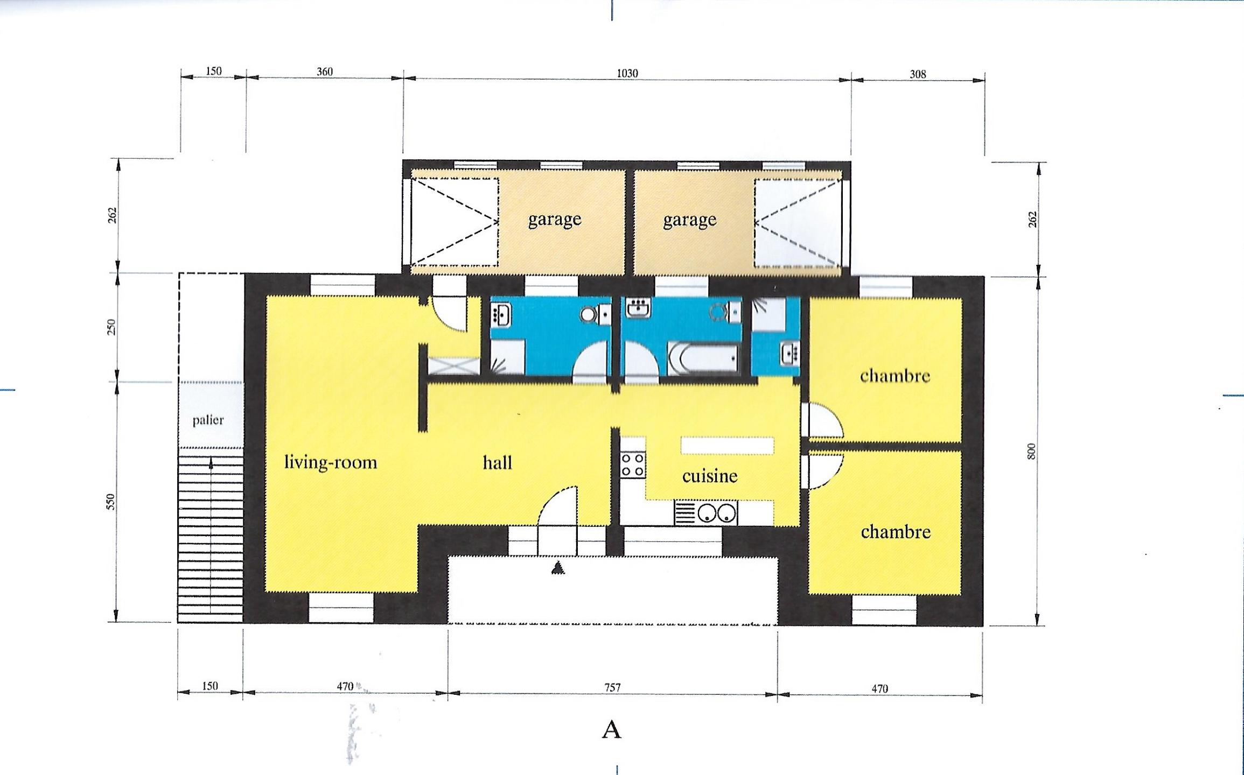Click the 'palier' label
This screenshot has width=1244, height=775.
[208, 420]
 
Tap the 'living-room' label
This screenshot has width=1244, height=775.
[330, 462]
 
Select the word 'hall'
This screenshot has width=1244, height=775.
[497, 462]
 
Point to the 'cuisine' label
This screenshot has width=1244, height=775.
[710, 476]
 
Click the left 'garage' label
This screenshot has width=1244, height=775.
[555, 220]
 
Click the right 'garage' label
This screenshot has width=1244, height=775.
[690, 220]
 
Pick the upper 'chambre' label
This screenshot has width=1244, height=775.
[895, 375]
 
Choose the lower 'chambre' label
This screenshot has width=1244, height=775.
[896, 532]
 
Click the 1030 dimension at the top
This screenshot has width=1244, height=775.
[627, 73]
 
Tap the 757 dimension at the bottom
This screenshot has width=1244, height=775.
[612, 688]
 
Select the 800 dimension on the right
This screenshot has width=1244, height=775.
[1031, 452]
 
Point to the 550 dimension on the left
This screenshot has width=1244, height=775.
[110, 502]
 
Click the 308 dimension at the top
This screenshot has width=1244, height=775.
[918, 74]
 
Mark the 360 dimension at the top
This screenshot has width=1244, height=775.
[325, 72]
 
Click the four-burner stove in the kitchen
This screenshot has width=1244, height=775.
[633, 464]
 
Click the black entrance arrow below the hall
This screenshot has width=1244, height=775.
[558, 567]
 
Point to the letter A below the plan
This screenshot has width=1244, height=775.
[611, 730]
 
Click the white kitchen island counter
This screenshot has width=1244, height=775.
[727, 446]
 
